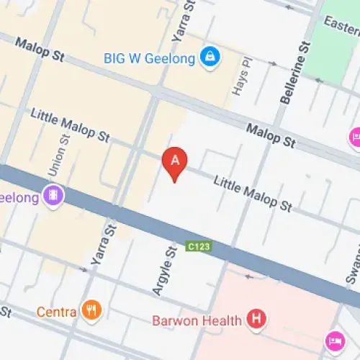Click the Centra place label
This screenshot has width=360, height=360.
pyautogui.click(x=57, y=312)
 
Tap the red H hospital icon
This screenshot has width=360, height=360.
pyautogui.click(x=255, y=318)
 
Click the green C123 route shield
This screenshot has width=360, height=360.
pyautogui.click(x=199, y=246)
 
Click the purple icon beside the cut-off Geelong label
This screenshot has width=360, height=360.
pyautogui.click(x=52, y=195)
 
